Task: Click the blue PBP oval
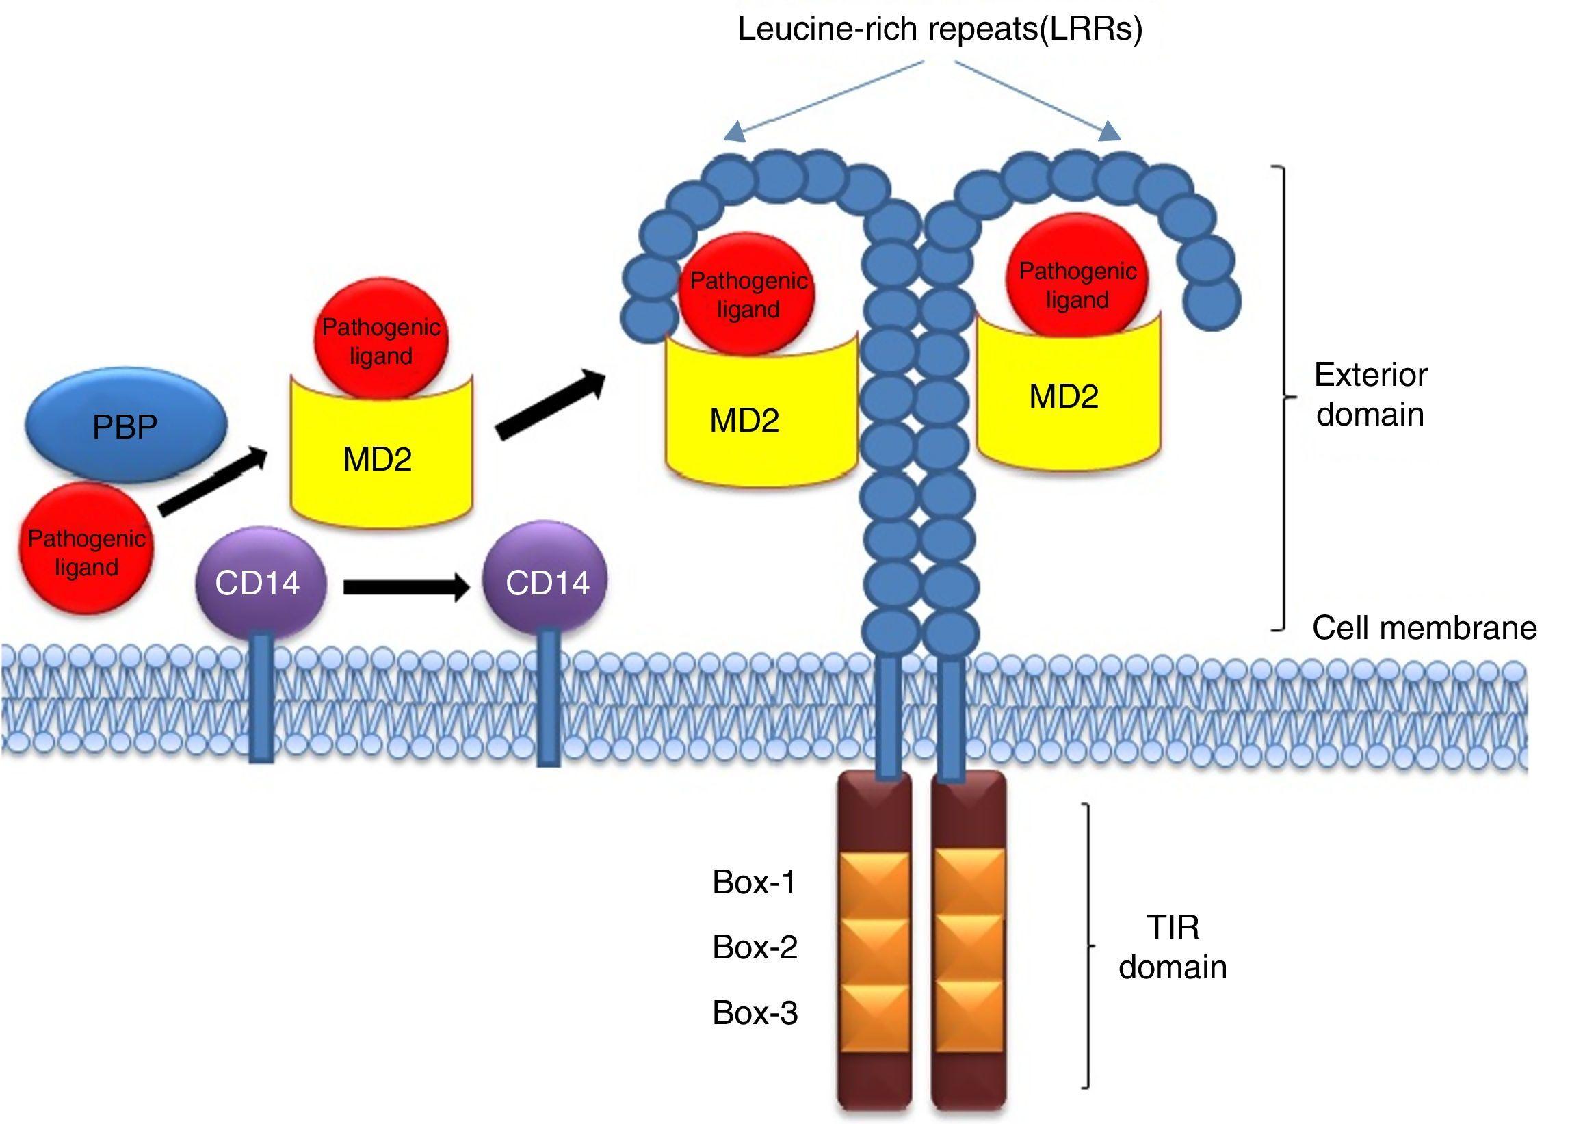point(126,426)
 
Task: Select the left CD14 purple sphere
point(259,581)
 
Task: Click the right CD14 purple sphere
point(547,581)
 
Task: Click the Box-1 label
point(753,882)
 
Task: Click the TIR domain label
point(1172,947)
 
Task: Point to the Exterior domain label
point(1370,394)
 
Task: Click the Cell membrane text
point(1424,628)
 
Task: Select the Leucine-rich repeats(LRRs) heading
point(940,29)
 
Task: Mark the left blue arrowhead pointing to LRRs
point(734,132)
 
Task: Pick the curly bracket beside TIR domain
point(1086,946)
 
